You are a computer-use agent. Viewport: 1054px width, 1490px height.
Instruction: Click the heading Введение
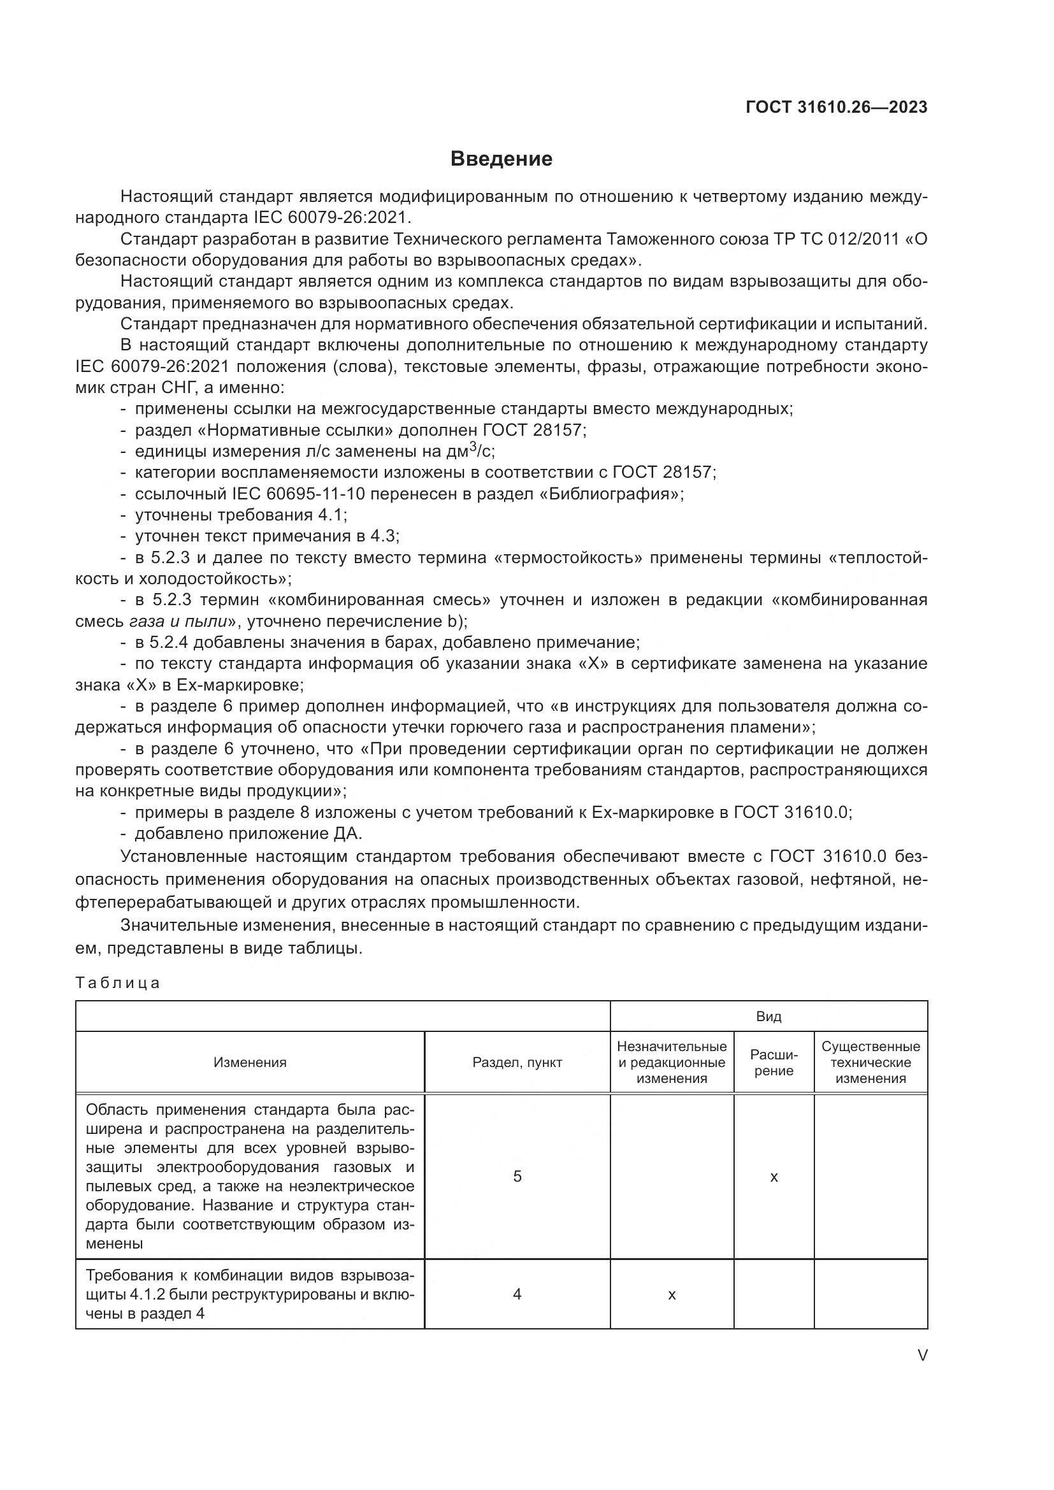[x=501, y=159]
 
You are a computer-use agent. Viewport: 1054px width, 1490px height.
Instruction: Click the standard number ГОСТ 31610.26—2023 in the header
[x=836, y=107]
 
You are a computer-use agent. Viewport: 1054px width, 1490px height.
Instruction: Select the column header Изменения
[x=250, y=1063]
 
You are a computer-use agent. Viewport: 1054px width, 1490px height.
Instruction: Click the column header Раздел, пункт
[x=517, y=1063]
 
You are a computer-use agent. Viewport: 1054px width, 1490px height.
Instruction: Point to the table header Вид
[x=769, y=1016]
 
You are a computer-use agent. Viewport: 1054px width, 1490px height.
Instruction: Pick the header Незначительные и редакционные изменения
[x=672, y=1063]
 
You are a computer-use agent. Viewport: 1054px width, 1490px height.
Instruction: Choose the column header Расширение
[x=774, y=1063]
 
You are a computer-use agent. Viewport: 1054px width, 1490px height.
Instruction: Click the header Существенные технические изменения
[x=870, y=1063]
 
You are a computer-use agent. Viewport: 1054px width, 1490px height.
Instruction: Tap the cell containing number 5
[x=517, y=1176]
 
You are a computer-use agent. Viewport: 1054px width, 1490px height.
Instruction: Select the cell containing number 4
[x=517, y=1294]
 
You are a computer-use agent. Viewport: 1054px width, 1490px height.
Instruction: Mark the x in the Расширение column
[x=774, y=1177]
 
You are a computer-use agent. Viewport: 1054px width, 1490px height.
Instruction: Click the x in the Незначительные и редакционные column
[x=672, y=1295]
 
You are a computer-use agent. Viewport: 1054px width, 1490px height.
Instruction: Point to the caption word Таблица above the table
[x=117, y=982]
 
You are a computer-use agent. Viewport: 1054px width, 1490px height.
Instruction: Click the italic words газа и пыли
[x=178, y=621]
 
